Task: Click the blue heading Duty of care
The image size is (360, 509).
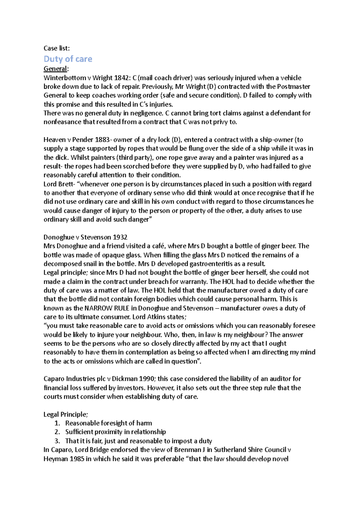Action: click(x=68, y=59)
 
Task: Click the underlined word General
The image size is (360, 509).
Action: click(x=55, y=69)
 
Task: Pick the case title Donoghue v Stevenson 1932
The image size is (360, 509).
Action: click(x=85, y=237)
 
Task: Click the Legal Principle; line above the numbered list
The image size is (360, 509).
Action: click(x=66, y=415)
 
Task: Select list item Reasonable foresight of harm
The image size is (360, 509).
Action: click(x=109, y=423)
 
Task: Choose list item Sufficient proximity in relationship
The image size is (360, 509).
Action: click(x=115, y=432)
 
